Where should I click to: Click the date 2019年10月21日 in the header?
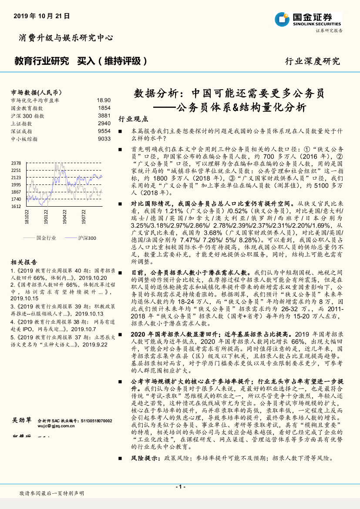coord(42,16)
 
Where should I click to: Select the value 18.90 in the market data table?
coord(104,100)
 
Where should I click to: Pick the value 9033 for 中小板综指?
coord(104,139)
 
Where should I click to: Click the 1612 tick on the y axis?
coord(16,206)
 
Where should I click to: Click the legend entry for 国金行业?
coord(46,238)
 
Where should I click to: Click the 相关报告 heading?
coord(24,262)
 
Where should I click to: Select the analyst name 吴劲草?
coord(21,420)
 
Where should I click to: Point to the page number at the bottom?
coord(180,487)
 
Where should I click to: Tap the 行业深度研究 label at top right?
coord(312,61)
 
